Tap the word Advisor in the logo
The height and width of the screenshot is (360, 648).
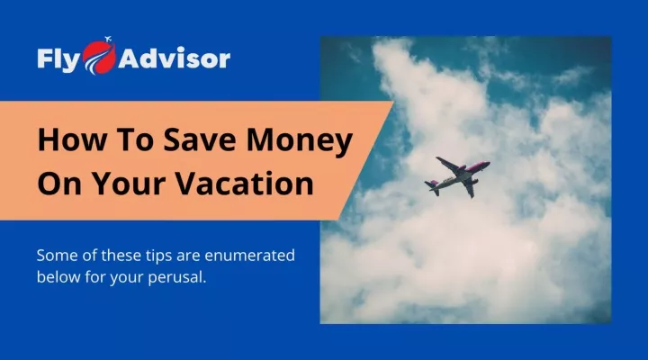coord(174,58)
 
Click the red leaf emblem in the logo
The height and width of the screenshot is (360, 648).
coord(99,58)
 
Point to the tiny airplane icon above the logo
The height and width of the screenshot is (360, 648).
coord(108,40)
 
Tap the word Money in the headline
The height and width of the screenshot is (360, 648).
coord(300,141)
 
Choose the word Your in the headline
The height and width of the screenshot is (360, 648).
coord(130,183)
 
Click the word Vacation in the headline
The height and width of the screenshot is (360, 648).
coord(245,183)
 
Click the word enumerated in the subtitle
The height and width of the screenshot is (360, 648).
coord(249,255)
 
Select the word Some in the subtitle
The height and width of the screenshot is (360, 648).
coord(57,256)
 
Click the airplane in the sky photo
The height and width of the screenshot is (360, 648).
coord(457,175)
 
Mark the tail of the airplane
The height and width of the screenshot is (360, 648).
coord(432,187)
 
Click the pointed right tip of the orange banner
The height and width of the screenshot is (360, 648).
coord(393,102)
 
